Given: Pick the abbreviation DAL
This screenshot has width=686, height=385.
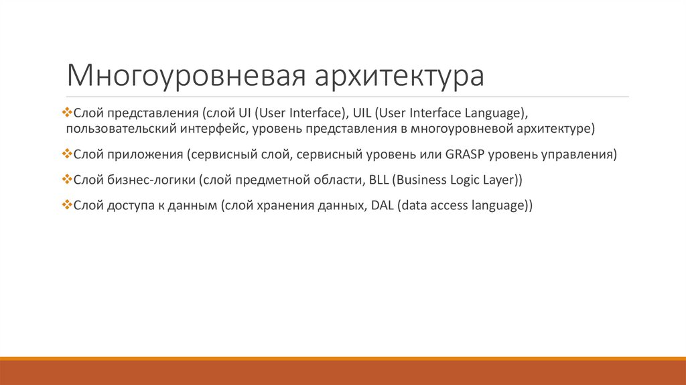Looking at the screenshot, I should (x=379, y=206).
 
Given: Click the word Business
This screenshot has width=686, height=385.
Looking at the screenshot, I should (x=425, y=180).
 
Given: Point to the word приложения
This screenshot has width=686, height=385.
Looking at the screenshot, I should (x=145, y=155).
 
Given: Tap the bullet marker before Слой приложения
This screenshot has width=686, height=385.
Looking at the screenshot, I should (x=66, y=155).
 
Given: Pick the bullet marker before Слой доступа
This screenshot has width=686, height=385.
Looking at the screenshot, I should (x=66, y=206).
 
